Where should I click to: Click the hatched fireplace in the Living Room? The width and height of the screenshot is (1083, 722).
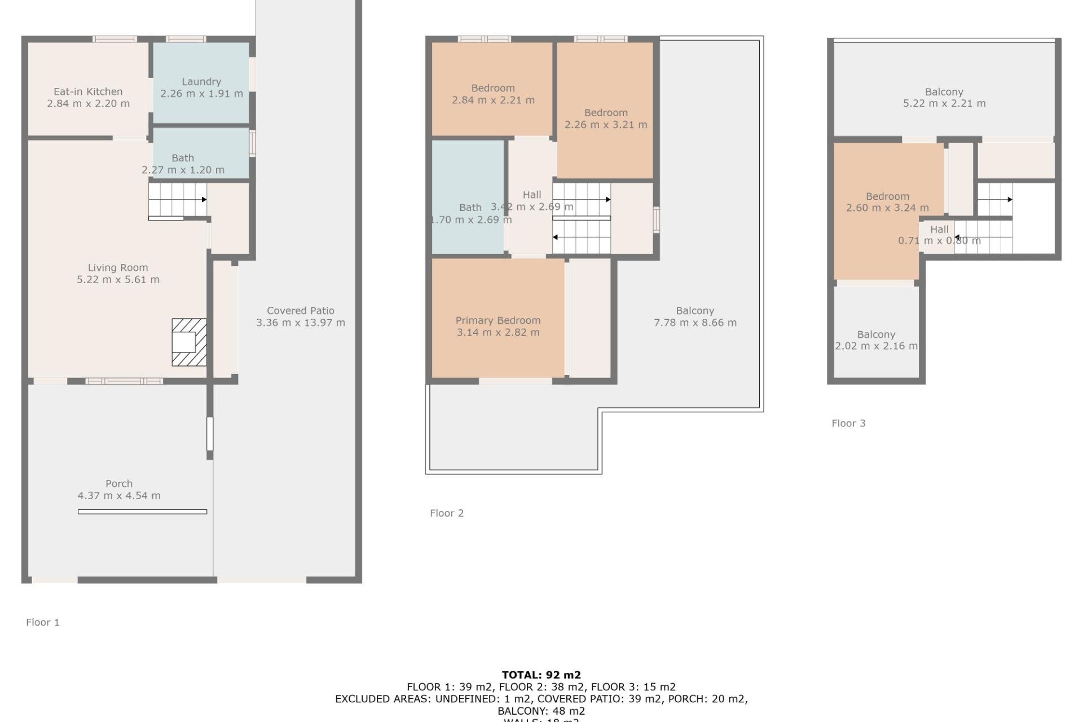click(189, 342)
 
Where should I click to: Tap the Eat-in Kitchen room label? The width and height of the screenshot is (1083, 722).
click(88, 91)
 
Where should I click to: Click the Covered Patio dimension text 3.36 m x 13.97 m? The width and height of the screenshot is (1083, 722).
click(301, 323)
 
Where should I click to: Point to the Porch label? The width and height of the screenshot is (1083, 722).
click(119, 483)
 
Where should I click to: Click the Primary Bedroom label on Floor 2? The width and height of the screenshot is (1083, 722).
click(498, 320)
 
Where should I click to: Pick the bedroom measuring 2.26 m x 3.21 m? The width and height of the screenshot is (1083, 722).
click(605, 118)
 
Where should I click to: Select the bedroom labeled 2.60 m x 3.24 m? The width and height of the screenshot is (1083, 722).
click(887, 202)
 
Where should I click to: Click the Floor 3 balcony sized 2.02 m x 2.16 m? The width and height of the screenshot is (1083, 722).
click(875, 340)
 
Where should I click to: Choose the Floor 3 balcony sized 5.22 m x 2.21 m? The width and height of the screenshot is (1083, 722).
click(944, 98)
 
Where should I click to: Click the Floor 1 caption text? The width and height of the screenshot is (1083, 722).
click(43, 622)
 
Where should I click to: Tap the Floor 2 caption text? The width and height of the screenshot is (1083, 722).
click(447, 513)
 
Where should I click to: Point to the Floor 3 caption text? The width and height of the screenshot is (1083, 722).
click(848, 423)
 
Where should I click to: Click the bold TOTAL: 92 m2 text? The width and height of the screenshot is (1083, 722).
click(541, 675)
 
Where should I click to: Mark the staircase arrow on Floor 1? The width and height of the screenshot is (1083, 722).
click(204, 200)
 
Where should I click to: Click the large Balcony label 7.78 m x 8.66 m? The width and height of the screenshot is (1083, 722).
click(695, 316)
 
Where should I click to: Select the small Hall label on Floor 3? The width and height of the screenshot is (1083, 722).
click(939, 229)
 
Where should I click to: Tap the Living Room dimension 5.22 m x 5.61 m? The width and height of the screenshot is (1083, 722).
click(118, 280)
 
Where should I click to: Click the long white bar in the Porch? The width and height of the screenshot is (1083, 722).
click(142, 512)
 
